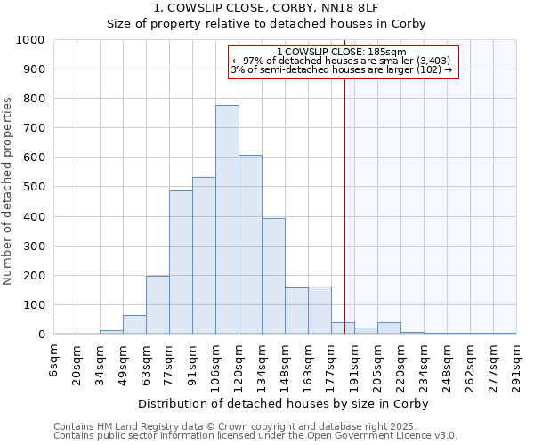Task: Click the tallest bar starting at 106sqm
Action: [227, 220]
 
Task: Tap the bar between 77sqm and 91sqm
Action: [181, 263]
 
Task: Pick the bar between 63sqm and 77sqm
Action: [158, 305]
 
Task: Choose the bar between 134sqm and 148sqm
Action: [273, 276]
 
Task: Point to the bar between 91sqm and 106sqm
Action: [204, 256]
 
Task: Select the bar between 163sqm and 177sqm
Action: [320, 311]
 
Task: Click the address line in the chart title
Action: [267, 7]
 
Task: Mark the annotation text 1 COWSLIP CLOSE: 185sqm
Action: [343, 52]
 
